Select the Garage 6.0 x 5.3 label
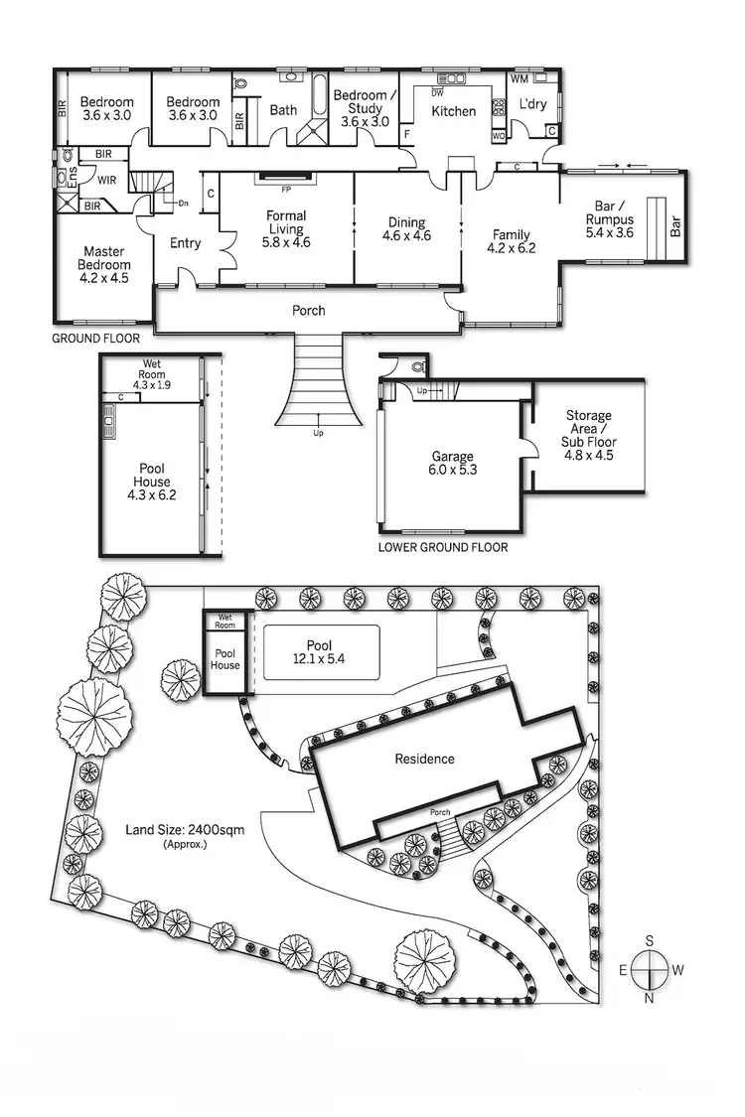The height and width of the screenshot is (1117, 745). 452,464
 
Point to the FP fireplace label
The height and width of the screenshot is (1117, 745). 286,189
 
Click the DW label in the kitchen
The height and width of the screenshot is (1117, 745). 437,92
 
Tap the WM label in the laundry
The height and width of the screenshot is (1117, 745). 520,78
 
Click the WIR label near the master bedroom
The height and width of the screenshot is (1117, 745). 106,181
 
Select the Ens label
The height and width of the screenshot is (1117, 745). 60,177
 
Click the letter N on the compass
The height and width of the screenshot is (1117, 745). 649,998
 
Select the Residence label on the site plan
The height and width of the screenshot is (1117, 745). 424,759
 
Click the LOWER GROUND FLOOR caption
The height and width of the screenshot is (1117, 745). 443,547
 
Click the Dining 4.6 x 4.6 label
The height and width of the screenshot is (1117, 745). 407,229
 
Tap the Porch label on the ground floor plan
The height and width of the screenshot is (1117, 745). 308,311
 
